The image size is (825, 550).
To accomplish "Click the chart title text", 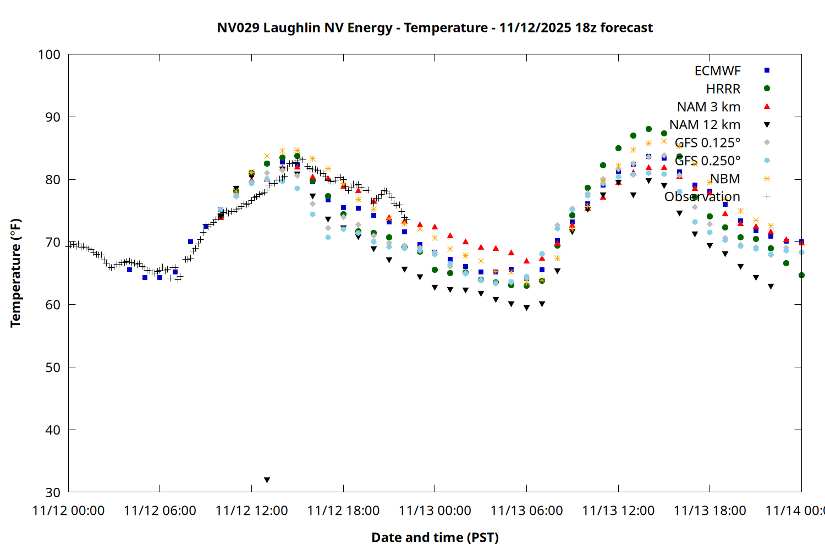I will [x=435, y=28].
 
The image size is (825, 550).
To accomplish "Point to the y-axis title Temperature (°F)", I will [x=15, y=273].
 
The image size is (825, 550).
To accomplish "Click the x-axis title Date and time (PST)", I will [x=435, y=537].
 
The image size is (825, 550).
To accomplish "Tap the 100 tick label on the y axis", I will [x=49, y=54].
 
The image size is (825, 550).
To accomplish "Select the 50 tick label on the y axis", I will [x=53, y=367].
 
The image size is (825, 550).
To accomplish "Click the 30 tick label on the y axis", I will [x=53, y=492].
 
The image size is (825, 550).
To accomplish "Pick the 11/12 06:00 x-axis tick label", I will [x=160, y=511].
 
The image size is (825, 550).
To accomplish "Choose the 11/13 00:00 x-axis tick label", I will [x=435, y=511].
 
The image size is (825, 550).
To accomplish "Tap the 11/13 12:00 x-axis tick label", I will [x=618, y=511].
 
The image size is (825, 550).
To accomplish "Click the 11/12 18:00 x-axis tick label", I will [x=343, y=511].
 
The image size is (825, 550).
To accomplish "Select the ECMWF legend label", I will [x=717, y=71].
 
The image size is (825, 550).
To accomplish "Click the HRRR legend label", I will [x=723, y=89].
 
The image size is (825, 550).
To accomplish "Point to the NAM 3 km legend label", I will [x=708, y=107].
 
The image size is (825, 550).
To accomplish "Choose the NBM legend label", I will [x=725, y=179].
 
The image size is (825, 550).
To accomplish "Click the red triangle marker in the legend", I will [x=767, y=106].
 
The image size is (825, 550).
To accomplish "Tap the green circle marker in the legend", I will [x=767, y=89].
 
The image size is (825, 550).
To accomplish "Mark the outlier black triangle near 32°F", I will [x=267, y=480].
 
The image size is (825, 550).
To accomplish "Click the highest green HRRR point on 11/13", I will [x=648, y=129].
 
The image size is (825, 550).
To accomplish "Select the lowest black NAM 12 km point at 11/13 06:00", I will [x=526, y=308].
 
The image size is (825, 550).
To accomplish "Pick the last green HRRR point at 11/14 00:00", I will [x=801, y=275].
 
